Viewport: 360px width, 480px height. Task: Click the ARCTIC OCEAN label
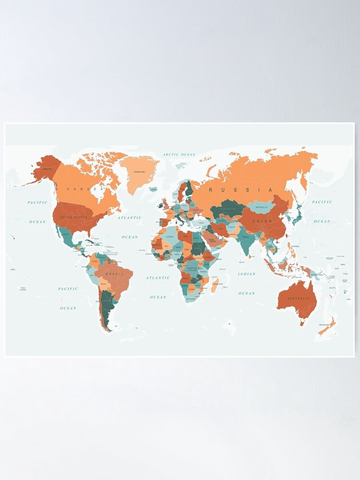point(179,155)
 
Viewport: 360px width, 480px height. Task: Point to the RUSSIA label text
point(240,190)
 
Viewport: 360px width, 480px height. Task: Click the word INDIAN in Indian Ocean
point(246,274)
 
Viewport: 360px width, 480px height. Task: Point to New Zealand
point(328,327)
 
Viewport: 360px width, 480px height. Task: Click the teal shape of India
point(245,240)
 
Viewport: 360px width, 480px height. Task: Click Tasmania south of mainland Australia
point(303,323)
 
